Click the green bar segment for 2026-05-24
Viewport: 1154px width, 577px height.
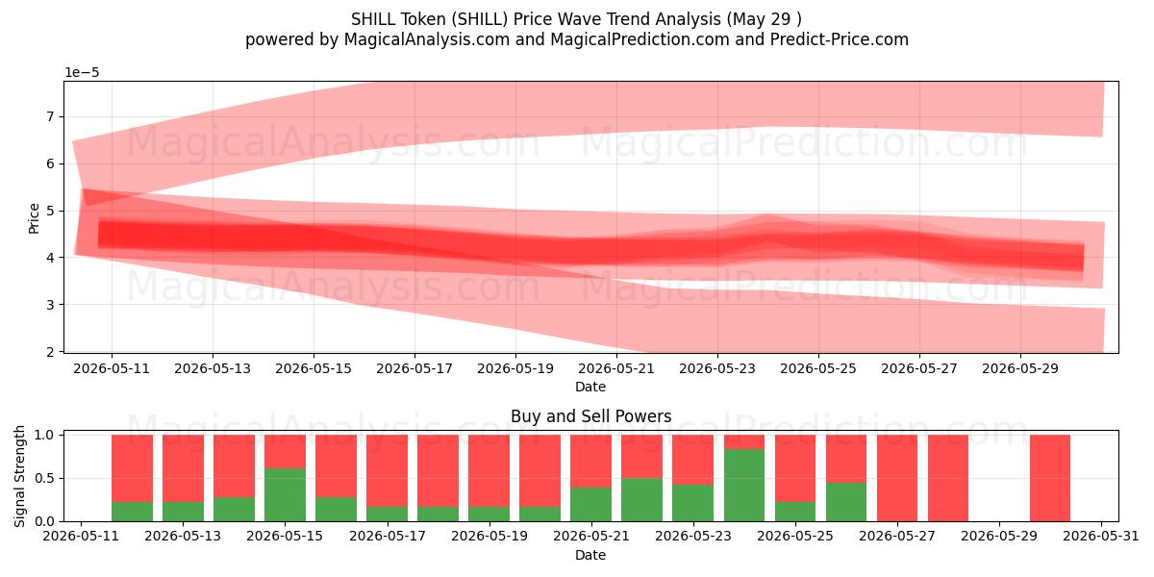click(x=744, y=485)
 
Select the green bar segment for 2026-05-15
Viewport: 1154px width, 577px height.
click(x=285, y=494)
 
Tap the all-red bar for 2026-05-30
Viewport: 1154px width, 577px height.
click(x=1050, y=478)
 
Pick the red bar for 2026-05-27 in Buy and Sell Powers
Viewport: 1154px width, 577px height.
click(x=897, y=478)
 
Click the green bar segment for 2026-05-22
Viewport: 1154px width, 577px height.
click(x=642, y=500)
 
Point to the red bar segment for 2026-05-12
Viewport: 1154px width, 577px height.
click(x=132, y=468)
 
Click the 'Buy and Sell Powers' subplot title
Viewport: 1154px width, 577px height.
click(x=590, y=416)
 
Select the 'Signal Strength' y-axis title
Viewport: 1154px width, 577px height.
click(x=19, y=477)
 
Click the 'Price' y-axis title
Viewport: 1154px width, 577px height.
click(x=34, y=219)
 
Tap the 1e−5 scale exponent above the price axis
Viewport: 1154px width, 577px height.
click(x=82, y=73)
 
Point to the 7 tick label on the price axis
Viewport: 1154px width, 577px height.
click(x=50, y=117)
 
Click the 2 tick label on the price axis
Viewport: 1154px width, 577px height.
click(x=50, y=352)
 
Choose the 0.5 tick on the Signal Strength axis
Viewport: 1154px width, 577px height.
click(x=44, y=479)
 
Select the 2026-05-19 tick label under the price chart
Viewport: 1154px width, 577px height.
click(x=515, y=369)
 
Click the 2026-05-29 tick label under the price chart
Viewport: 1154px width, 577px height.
click(x=1020, y=369)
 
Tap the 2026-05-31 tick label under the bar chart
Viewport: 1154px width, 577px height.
click(x=1101, y=537)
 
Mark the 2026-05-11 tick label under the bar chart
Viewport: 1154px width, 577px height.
click(x=81, y=537)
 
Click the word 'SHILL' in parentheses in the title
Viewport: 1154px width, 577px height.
click(x=480, y=19)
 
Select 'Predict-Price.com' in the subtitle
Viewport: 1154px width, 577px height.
click(x=840, y=39)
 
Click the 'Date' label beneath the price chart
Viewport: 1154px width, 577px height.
click(x=590, y=387)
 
